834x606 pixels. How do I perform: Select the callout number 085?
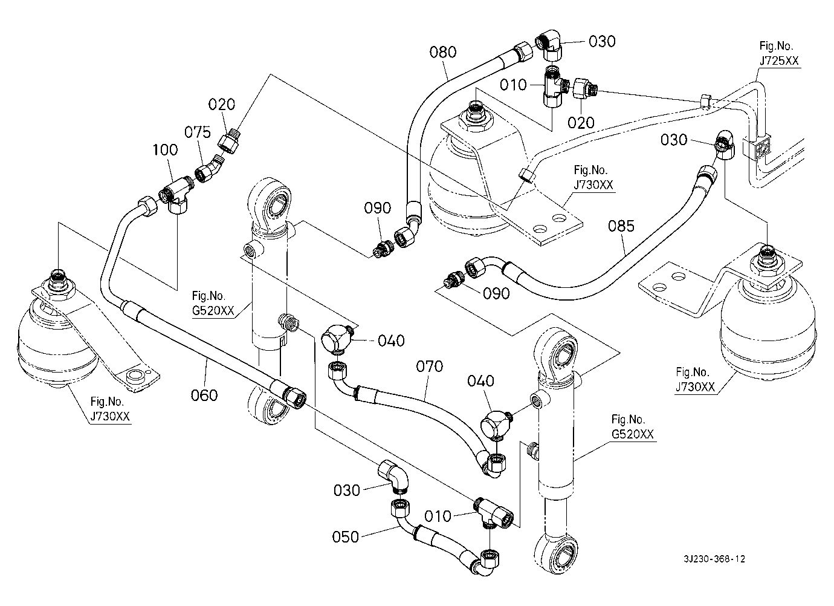coord(621,226)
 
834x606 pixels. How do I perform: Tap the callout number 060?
coord(204,395)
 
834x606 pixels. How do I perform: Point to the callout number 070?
coord(430,366)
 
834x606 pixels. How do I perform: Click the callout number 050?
coord(346,536)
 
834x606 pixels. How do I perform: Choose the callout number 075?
coord(198,132)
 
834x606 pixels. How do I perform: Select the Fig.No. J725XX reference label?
coord(779,53)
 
